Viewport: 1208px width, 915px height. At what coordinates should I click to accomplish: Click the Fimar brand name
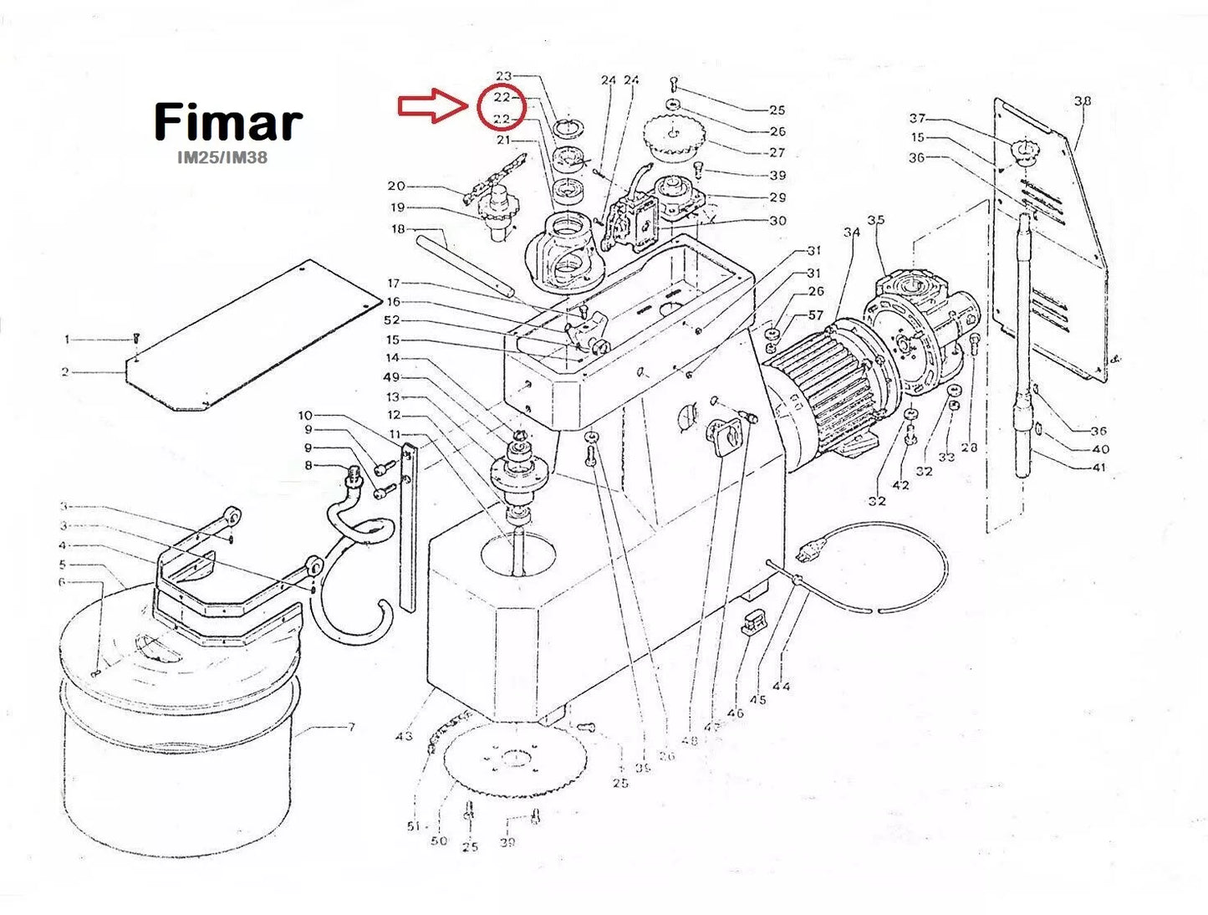227,122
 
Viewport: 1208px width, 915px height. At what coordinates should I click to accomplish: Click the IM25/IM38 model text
222,157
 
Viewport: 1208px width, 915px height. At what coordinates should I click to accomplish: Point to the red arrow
431,107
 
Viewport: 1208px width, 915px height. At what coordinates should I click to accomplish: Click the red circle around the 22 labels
502,108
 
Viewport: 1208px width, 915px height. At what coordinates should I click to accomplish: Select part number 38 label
1083,100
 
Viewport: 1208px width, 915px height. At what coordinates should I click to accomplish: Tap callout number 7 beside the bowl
351,728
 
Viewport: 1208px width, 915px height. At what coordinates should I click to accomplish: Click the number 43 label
404,736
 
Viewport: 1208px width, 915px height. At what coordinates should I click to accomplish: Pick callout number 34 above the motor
851,232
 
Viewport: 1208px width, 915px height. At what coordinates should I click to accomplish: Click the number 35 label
875,220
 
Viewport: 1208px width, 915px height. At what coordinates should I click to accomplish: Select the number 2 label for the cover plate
65,372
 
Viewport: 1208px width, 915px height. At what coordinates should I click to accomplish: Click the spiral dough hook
351,577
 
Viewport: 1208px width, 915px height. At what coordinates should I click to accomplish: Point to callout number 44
781,686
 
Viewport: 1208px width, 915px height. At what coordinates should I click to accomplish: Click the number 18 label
398,229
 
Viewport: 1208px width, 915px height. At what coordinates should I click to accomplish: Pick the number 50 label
439,841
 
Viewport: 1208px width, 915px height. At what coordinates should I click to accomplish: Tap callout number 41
1099,467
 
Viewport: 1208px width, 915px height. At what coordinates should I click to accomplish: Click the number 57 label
816,315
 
